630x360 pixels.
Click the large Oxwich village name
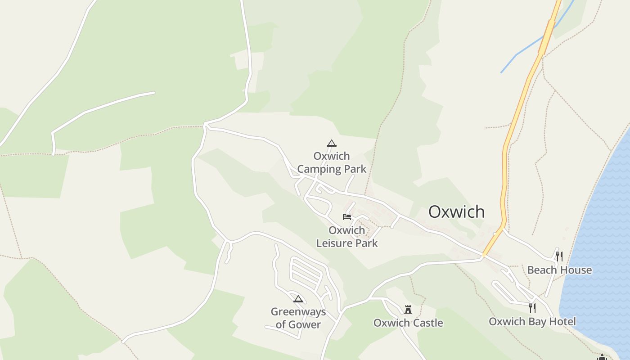click(456, 211)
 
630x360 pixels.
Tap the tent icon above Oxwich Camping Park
click(332, 144)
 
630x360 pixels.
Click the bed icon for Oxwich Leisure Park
click(346, 217)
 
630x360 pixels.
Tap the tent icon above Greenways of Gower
click(298, 299)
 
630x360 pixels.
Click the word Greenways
click(298, 312)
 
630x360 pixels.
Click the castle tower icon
click(408, 310)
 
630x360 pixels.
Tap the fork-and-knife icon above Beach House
click(559, 256)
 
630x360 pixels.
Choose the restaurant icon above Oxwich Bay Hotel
click(532, 308)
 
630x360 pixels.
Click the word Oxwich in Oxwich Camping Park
click(332, 156)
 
